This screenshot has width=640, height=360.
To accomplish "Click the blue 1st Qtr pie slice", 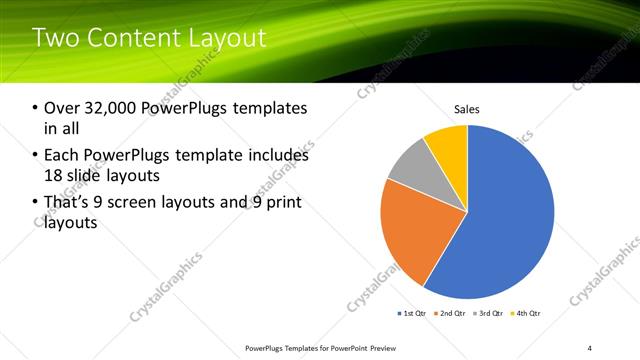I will pyautogui.click(x=510, y=220).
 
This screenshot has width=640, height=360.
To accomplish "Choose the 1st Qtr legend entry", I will pyautogui.click(x=412, y=314).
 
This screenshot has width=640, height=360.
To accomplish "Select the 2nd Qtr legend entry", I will pyautogui.click(x=452, y=314).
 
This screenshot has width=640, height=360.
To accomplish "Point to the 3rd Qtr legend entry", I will pyautogui.click(x=490, y=314).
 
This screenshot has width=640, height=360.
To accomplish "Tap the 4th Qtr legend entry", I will pyautogui.click(x=527, y=314).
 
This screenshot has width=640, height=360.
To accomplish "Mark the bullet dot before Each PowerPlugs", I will pyautogui.click(x=36, y=156).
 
